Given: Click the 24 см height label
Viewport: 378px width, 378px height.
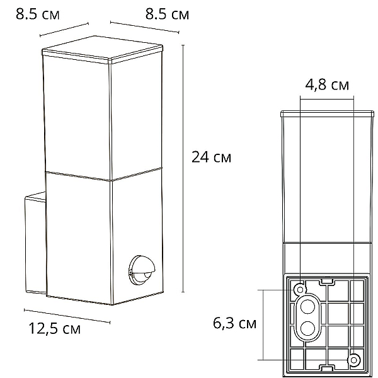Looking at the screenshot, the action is pos(211,157).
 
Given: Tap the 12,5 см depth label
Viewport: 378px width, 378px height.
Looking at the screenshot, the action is pos(54,328).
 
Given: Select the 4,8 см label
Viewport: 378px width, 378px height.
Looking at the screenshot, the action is pos(327,85).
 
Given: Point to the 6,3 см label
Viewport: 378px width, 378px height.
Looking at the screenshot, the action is pos(234,323).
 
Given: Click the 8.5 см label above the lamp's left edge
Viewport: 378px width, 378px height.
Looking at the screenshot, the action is pos(37,14).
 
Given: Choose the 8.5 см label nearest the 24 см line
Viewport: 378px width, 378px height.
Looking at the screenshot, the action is pos(167,14).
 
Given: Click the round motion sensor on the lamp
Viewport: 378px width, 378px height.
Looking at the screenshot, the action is pos(142,271).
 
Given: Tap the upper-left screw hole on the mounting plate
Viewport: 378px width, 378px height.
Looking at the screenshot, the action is pos(300,289).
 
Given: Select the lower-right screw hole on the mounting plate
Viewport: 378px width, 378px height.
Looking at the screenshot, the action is pos(353,360).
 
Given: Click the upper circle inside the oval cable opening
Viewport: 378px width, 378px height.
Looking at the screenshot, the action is pos(307,306).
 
